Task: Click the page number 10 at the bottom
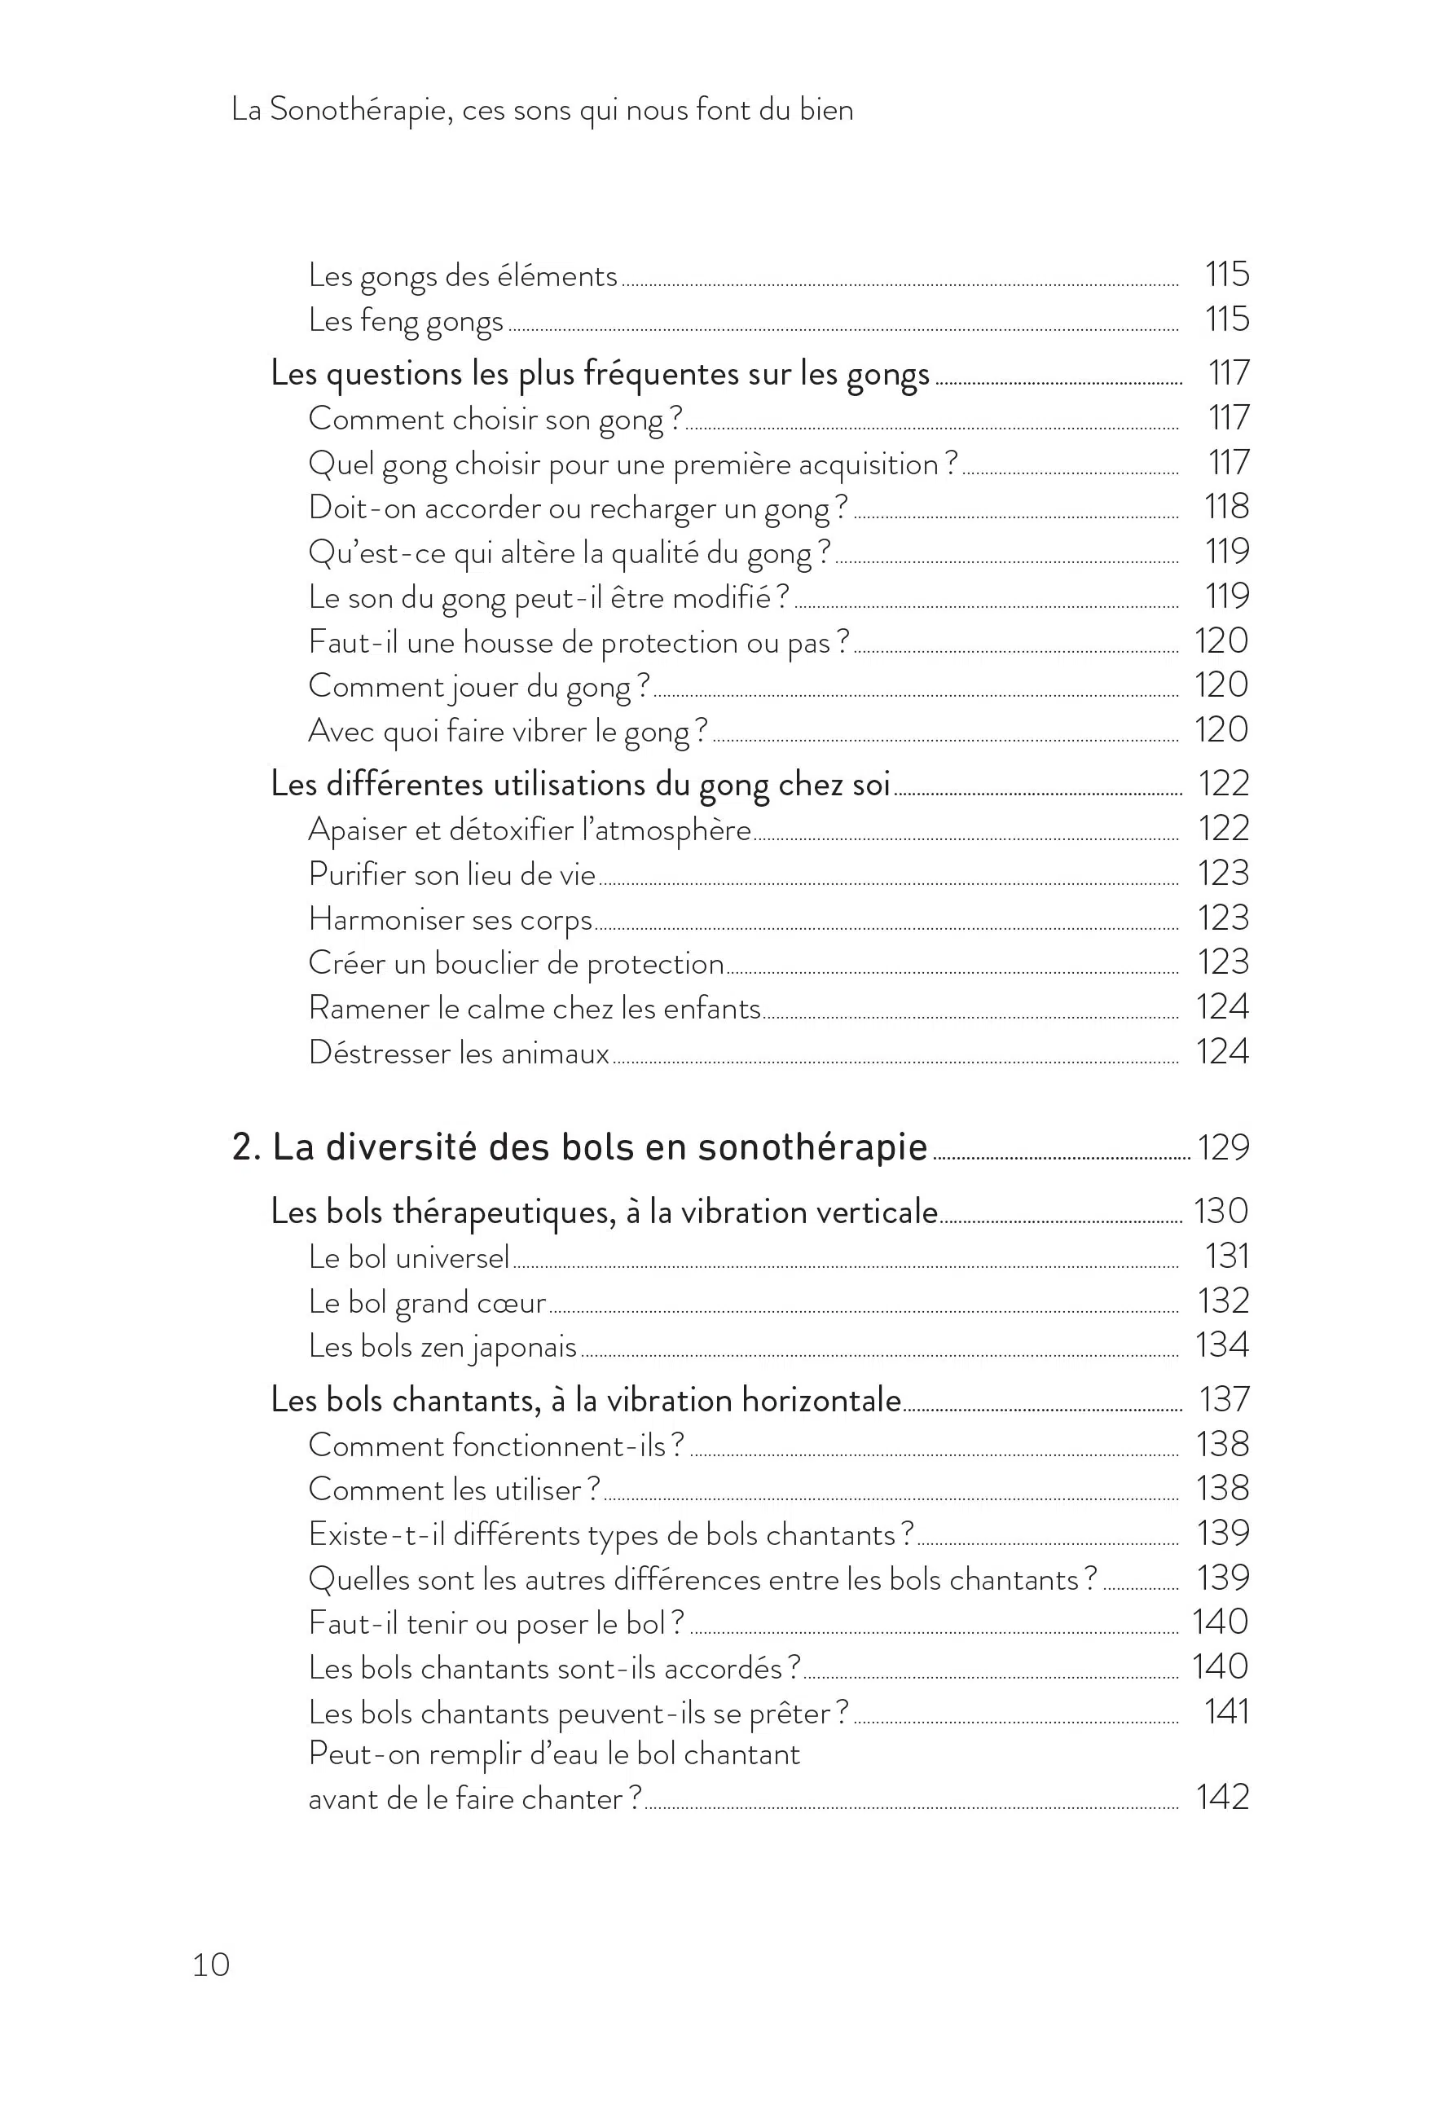tap(210, 1965)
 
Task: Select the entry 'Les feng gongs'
tap(406, 321)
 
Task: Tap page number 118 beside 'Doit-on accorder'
tap(1226, 507)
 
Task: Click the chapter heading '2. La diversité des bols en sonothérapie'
tap(580, 1147)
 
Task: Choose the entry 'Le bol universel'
tap(408, 1257)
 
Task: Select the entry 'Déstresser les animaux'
tap(458, 1053)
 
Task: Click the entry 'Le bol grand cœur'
tap(426, 1301)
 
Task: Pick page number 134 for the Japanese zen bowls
tap(1221, 1345)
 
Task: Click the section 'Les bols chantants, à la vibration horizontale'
tap(586, 1400)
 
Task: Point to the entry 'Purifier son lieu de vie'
tap(452, 874)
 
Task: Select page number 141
tap(1226, 1712)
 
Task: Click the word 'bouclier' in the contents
tap(486, 964)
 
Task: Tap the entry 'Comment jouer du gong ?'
tap(479, 686)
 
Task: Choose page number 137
tap(1225, 1400)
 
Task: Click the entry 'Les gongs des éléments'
tap(463, 276)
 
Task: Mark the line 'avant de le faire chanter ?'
tap(475, 1798)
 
